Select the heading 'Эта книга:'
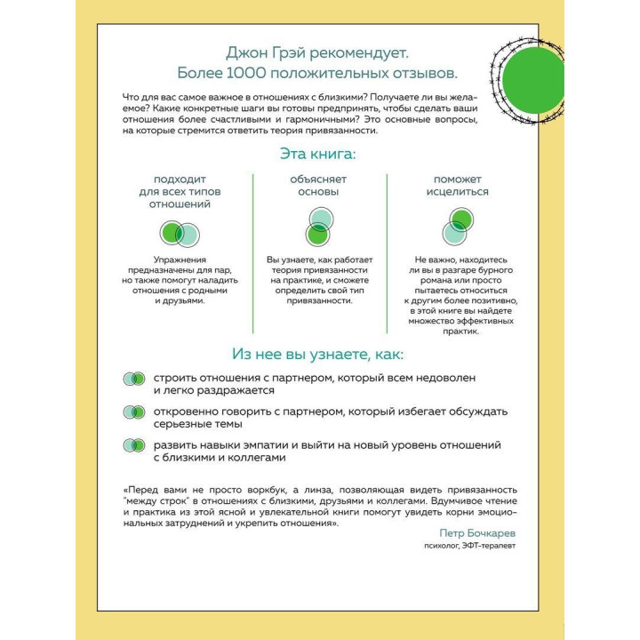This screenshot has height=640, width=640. (x=317, y=153)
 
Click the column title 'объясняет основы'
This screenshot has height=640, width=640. (x=318, y=185)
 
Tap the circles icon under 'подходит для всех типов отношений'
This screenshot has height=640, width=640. (x=179, y=234)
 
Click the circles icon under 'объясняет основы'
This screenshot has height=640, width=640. (x=319, y=226)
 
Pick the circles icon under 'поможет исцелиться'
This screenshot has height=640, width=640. (x=457, y=227)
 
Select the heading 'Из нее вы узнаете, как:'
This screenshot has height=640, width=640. (x=317, y=353)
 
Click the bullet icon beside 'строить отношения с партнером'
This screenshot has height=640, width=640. (x=133, y=379)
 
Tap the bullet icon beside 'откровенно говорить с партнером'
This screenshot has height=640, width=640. (x=133, y=412)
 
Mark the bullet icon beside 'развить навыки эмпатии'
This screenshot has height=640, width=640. (x=133, y=444)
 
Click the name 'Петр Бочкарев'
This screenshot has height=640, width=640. (x=476, y=532)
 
